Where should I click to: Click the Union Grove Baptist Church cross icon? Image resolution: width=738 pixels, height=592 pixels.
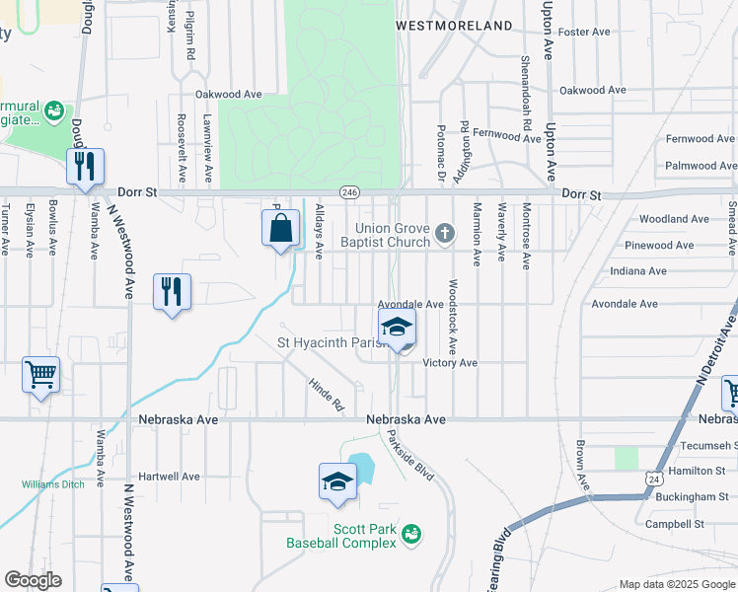point(445,234)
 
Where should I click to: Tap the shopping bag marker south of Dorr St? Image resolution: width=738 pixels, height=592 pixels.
point(281,229)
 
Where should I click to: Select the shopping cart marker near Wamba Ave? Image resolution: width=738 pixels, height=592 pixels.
point(41,375)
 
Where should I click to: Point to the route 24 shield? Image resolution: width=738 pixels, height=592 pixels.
point(654,479)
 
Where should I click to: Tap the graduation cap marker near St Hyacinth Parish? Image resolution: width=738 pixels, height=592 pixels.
point(397,328)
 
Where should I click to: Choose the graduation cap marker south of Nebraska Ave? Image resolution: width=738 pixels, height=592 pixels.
point(337,482)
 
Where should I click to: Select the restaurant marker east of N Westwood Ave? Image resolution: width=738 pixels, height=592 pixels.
point(172,292)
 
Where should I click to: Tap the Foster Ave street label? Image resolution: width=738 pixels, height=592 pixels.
point(585,33)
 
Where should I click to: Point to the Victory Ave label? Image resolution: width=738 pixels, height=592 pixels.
point(450,363)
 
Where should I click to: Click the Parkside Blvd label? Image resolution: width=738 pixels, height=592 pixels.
point(410,455)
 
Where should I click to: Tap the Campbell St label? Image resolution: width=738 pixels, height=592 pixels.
point(674,524)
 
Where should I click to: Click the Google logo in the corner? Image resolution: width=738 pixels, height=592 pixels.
point(33,580)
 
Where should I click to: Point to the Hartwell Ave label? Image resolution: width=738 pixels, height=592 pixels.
point(169,476)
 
